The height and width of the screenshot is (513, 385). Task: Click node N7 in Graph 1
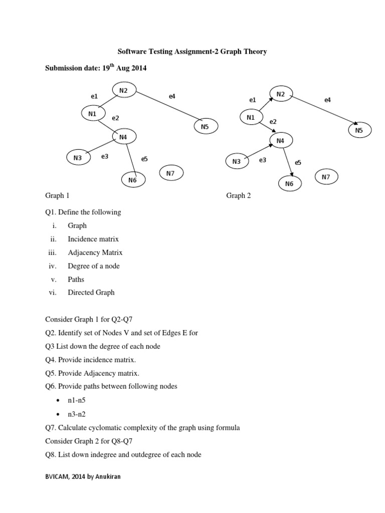170,173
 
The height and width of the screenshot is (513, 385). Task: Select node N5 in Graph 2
358,131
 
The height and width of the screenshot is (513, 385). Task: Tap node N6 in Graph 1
132,180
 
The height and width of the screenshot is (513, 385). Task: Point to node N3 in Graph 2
237,161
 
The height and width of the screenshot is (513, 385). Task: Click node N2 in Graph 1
123,90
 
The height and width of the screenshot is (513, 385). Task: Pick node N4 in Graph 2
280,141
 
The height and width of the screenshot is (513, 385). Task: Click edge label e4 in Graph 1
172,96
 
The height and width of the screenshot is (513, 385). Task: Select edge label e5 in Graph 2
298,162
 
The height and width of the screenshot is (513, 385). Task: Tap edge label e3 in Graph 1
105,156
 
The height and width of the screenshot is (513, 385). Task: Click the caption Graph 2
239,196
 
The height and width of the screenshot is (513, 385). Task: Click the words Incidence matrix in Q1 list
93,239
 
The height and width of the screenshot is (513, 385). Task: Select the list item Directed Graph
91,293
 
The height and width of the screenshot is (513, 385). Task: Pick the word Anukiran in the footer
107,477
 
